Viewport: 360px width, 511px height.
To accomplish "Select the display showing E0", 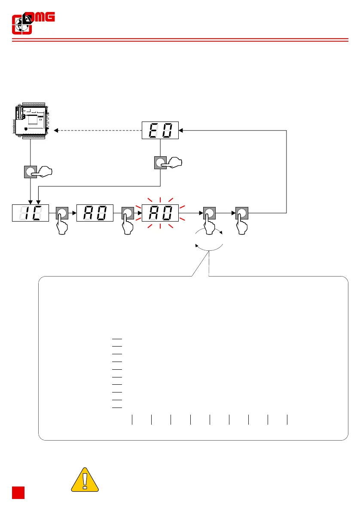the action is (x=160, y=130).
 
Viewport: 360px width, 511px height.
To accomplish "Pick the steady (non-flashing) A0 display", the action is (x=95, y=213).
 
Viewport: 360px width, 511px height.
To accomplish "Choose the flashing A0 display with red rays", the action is (x=160, y=213).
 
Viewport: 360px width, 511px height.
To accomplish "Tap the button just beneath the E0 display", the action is (x=160, y=163).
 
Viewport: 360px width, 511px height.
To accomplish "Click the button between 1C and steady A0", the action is (x=62, y=213).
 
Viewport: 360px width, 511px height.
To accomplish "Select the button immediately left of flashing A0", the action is (x=127, y=213).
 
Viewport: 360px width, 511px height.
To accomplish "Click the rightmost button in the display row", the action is (x=241, y=213).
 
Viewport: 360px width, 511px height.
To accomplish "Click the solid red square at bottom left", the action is (x=18, y=493).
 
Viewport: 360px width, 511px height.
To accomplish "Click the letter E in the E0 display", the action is (x=153, y=130).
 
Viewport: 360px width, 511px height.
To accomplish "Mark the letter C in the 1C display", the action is (x=37, y=213).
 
